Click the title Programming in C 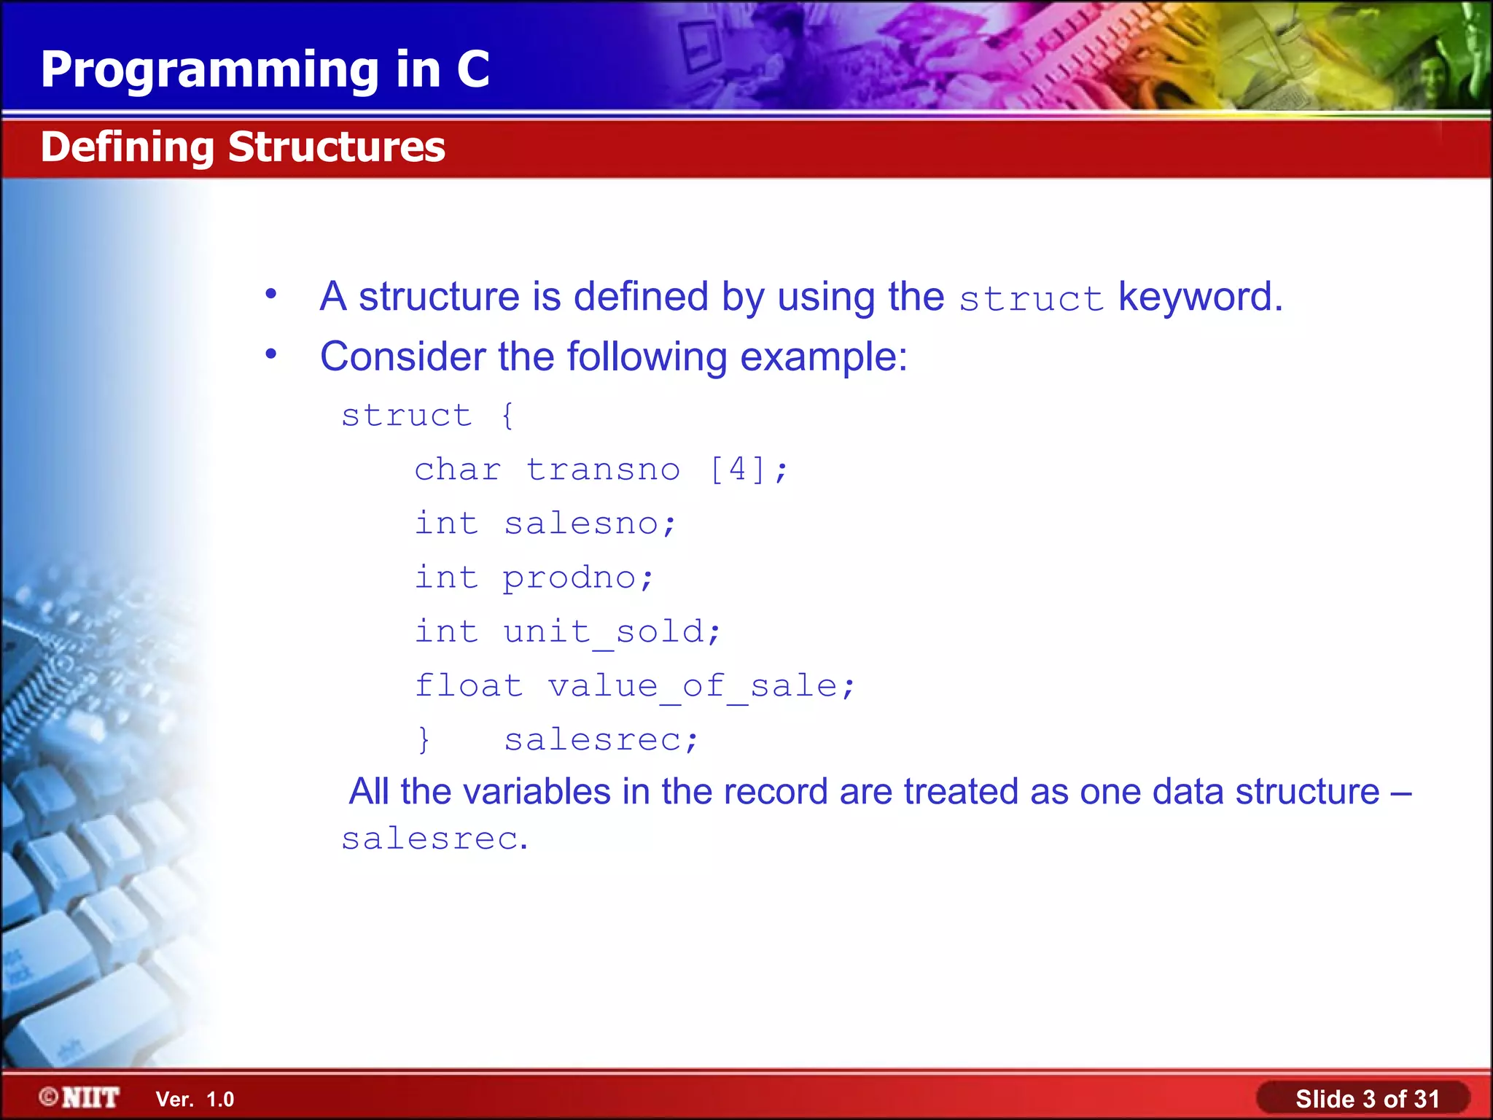pyautogui.click(x=265, y=70)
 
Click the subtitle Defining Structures pyautogui.click(x=243, y=147)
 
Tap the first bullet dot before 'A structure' pyautogui.click(x=271, y=294)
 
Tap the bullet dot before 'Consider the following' pyautogui.click(x=271, y=354)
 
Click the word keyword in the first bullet pyautogui.click(x=1199, y=297)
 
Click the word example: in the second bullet pyautogui.click(x=824, y=357)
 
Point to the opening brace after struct pyautogui.click(x=507, y=416)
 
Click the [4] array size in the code pyautogui.click(x=738, y=469)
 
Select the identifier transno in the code pyautogui.click(x=603, y=470)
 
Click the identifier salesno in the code pyautogui.click(x=582, y=524)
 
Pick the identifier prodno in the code pyautogui.click(x=570, y=578)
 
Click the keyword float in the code pyautogui.click(x=469, y=685)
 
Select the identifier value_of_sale pyautogui.click(x=693, y=686)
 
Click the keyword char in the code pyautogui.click(x=458, y=470)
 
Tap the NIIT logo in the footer pyautogui.click(x=80, y=1097)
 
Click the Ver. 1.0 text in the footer pyautogui.click(x=195, y=1099)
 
